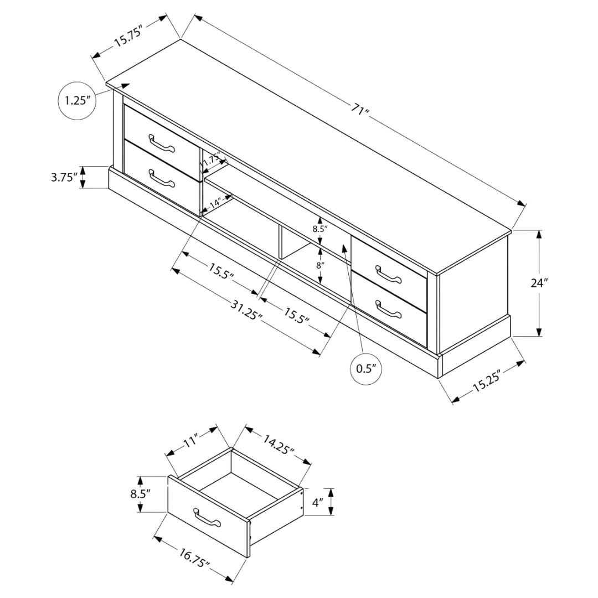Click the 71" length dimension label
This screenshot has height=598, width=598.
click(360, 111)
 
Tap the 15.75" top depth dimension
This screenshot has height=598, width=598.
click(129, 36)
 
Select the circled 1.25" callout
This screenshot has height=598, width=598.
click(78, 101)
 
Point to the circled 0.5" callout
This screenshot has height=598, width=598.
click(366, 369)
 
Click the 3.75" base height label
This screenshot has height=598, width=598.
click(64, 177)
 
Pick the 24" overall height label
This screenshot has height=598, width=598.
click(539, 282)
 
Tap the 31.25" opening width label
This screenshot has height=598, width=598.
click(247, 310)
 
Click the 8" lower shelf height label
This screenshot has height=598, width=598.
click(320, 265)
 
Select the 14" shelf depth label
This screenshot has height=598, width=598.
click(215, 202)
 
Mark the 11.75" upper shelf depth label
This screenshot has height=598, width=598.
click(211, 159)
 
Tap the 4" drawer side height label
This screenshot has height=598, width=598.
click(318, 502)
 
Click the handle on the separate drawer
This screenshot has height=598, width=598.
click(207, 517)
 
